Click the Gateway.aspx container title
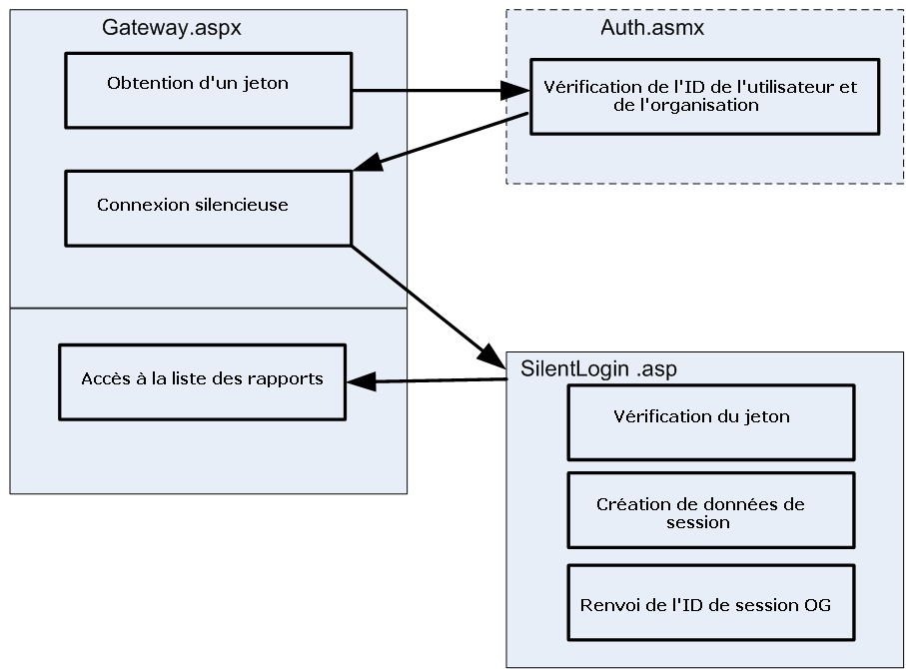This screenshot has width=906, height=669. (x=171, y=28)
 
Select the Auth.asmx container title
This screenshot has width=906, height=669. (x=651, y=28)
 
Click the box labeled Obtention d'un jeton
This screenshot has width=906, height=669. (x=207, y=90)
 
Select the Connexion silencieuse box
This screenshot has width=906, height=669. (x=207, y=208)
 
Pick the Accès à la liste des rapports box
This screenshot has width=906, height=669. (x=202, y=381)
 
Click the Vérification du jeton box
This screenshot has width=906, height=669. (x=710, y=421)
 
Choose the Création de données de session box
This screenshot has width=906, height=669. (x=710, y=509)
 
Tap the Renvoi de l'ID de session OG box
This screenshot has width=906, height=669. (x=710, y=602)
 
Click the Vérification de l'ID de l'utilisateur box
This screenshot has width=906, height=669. (x=704, y=96)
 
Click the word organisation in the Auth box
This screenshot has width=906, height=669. (x=710, y=105)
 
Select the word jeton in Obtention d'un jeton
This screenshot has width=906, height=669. (x=267, y=83)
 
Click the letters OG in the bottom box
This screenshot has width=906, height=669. (x=817, y=605)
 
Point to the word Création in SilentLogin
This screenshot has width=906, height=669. (x=629, y=505)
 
